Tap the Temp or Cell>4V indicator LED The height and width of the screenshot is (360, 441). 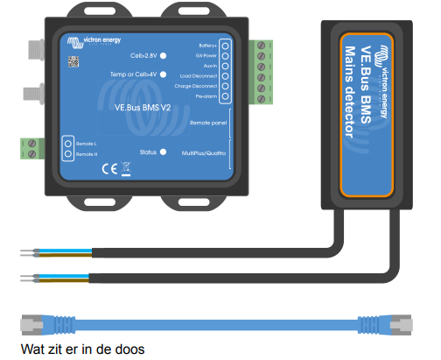coord(163,75)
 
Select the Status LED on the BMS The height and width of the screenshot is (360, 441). coord(163,152)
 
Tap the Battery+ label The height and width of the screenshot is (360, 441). coord(207,44)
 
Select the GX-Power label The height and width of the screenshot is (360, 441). coord(207,54)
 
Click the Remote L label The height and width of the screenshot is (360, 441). coord(86,143)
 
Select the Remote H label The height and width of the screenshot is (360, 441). coord(86,154)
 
